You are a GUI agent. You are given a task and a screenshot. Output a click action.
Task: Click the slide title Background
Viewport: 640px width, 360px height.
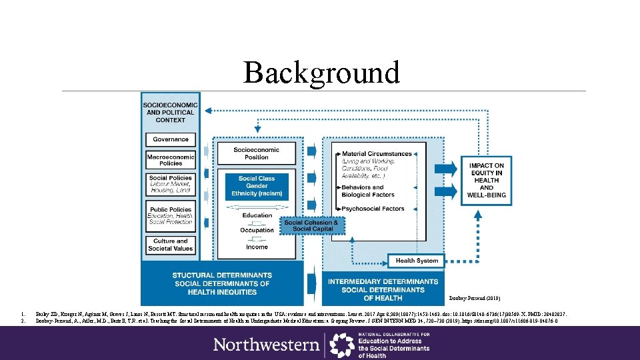click(321, 72)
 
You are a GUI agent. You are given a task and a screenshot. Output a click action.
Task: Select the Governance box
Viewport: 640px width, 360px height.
click(171, 139)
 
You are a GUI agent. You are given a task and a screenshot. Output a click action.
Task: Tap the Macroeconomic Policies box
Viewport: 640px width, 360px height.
click(171, 160)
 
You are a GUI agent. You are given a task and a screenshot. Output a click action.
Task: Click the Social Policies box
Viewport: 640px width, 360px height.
click(171, 184)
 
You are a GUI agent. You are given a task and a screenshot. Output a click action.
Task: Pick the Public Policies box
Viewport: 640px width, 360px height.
click(171, 216)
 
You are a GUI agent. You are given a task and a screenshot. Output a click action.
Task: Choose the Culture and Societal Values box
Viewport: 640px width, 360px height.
click(171, 245)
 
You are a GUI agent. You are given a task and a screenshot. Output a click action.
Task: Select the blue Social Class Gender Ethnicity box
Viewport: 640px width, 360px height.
click(257, 186)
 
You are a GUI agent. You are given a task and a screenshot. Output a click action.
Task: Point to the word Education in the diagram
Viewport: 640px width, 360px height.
click(257, 215)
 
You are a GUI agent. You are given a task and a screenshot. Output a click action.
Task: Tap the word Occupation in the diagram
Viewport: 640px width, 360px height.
click(257, 231)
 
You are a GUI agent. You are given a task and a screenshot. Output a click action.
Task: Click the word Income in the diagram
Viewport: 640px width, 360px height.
click(257, 247)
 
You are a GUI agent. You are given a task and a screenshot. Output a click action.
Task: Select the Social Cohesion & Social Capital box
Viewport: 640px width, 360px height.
click(311, 226)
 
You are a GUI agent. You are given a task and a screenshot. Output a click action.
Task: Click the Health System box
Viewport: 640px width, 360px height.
click(417, 261)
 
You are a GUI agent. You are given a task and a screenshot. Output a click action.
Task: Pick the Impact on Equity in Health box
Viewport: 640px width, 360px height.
click(487, 180)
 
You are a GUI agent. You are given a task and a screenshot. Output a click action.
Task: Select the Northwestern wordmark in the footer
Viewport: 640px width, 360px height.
click(266, 344)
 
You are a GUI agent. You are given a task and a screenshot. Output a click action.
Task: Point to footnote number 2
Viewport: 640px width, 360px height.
click(23, 321)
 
